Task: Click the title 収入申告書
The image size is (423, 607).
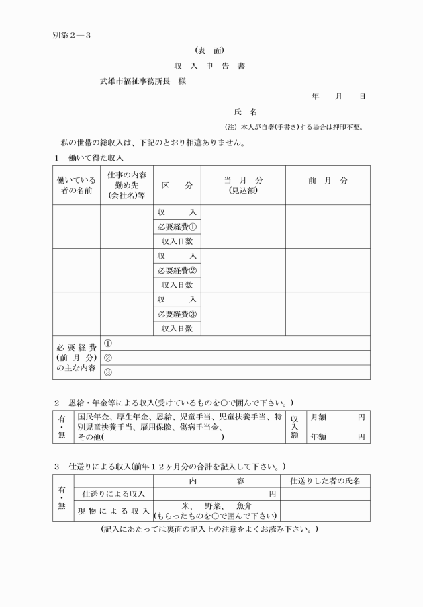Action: [211, 66]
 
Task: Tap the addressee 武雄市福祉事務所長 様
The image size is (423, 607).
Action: [143, 81]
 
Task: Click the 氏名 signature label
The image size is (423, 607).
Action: [245, 112]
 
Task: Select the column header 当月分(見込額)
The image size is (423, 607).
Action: [243, 186]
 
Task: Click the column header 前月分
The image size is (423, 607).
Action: [328, 181]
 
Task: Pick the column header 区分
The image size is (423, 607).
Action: [177, 186]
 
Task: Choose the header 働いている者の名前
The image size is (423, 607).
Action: [77, 186]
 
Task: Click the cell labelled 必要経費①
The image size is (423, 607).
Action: [177, 227]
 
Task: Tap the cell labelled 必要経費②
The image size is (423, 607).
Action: [177, 270]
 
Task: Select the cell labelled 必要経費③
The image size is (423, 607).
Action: [177, 314]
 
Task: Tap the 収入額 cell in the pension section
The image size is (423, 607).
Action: [294, 427]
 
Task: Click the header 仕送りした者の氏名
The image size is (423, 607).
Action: [325, 481]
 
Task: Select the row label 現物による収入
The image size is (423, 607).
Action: [113, 512]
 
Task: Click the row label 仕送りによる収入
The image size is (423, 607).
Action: [113, 494]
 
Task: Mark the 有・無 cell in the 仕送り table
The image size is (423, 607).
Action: [63, 499]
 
